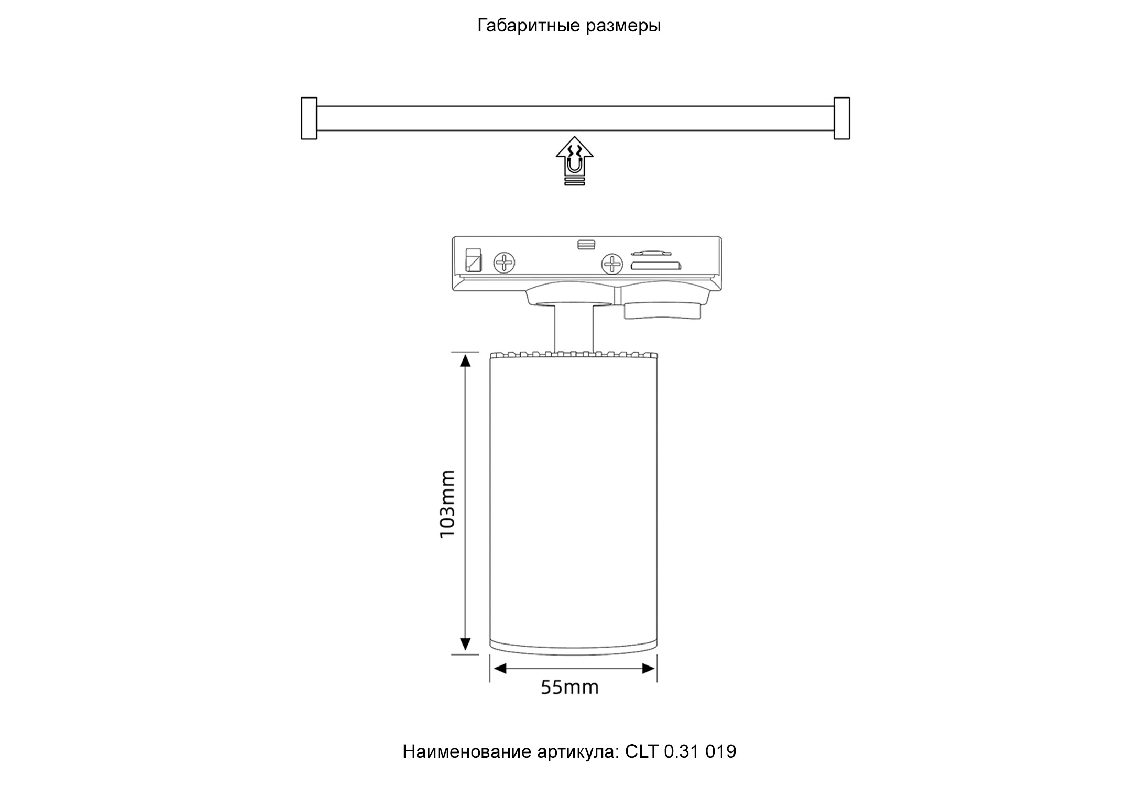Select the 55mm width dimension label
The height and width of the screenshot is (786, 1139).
point(569,687)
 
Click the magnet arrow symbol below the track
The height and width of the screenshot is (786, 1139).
point(574,160)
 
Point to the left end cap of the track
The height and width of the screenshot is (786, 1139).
point(309,118)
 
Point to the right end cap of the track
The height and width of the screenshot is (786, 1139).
point(841,118)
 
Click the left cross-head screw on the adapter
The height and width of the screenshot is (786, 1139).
point(505,261)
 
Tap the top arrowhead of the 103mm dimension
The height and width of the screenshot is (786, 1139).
point(465,361)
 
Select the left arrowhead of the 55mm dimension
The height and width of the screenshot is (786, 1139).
point(500,668)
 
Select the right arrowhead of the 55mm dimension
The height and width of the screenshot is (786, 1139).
point(649,668)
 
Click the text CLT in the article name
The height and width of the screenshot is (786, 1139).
point(641,751)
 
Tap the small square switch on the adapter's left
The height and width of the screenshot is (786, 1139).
point(474,260)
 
